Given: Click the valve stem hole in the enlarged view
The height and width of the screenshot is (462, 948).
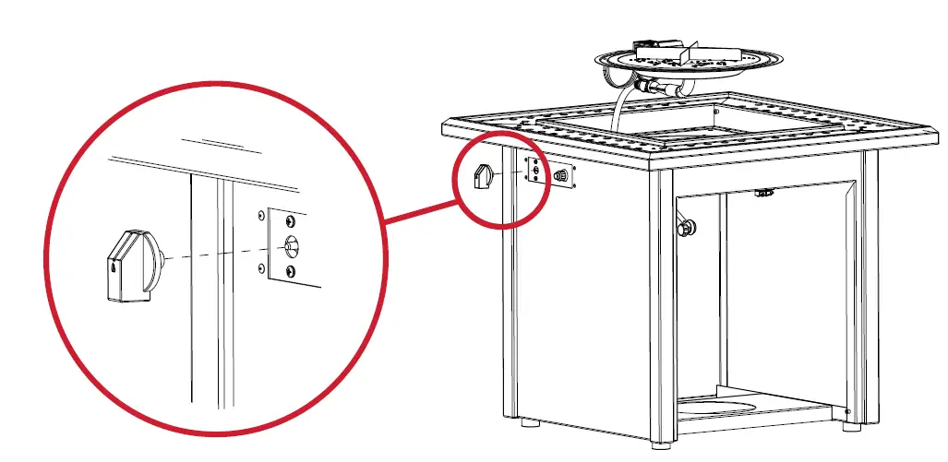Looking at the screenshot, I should pos(292,245).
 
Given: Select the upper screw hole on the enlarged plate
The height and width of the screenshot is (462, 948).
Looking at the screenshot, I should pos(292,222).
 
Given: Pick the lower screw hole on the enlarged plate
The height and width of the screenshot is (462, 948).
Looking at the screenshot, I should pos(292,270).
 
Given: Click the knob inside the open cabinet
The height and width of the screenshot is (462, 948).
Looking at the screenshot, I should pos(687,226).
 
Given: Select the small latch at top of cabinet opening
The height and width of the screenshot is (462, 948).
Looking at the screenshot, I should pos(762,193).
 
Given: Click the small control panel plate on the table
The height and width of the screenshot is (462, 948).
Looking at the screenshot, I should pos(535,172).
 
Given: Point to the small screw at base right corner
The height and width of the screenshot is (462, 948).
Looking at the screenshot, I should pos(848,412).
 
